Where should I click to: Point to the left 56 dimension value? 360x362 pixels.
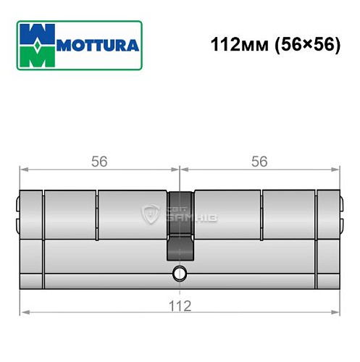pyautogui.click(x=99, y=161)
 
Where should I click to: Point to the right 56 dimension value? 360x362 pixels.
pyautogui.click(x=259, y=161)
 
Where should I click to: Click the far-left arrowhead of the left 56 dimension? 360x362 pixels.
pyautogui.click(x=22, y=171)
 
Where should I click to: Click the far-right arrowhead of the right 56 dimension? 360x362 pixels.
pyautogui.click(x=338, y=171)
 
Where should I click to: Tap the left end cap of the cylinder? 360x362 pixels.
pyautogui.click(x=29, y=239)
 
